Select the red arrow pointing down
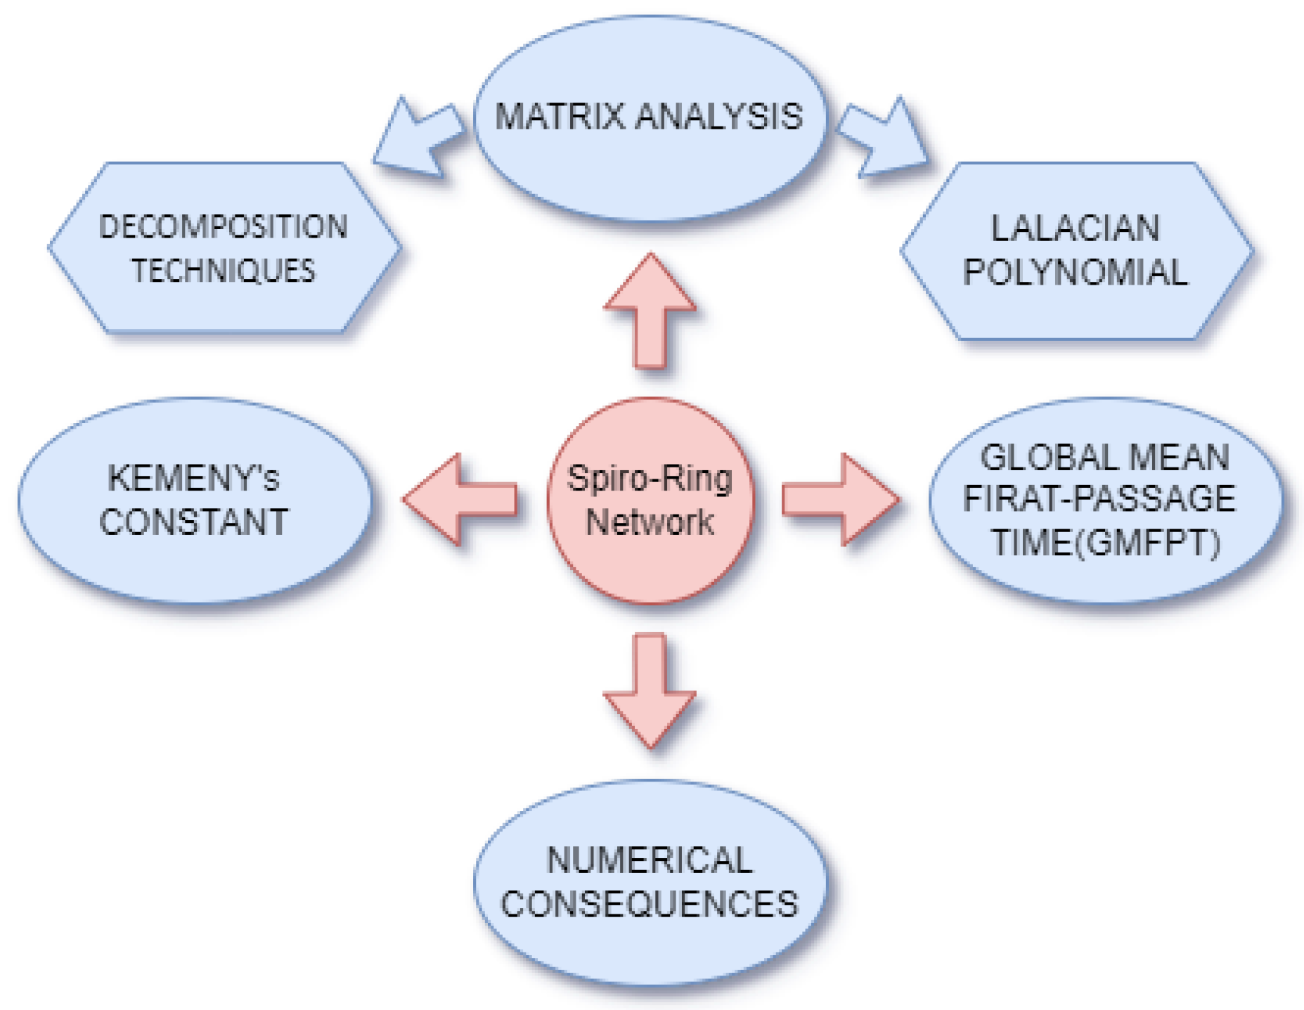(650, 692)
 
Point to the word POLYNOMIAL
(1076, 272)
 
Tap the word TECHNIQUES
(224, 271)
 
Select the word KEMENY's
(193, 479)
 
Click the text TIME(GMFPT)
(1105, 543)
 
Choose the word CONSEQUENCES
(650, 904)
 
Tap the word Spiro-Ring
(650, 479)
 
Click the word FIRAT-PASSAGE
(1099, 499)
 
